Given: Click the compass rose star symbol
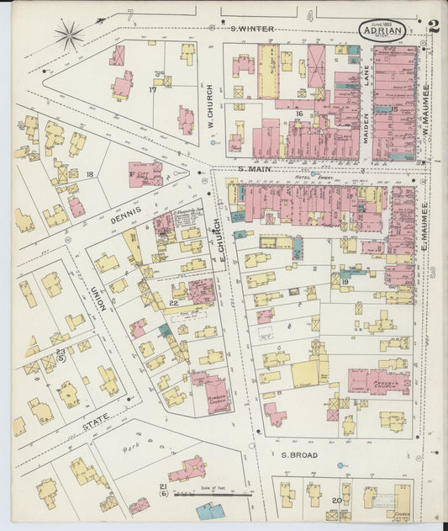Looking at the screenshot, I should pos(69,35).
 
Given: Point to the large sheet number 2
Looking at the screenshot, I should pos(433,26).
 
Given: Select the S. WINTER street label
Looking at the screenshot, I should pos(252,29).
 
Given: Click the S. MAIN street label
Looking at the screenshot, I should pos(252,169).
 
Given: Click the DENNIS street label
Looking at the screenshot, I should pos(127,215).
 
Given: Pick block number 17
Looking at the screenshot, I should pos(153,88).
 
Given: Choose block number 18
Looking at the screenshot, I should pos(89,174).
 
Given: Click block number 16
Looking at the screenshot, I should pos(298,113).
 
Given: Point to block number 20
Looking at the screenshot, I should pos(337,500).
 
